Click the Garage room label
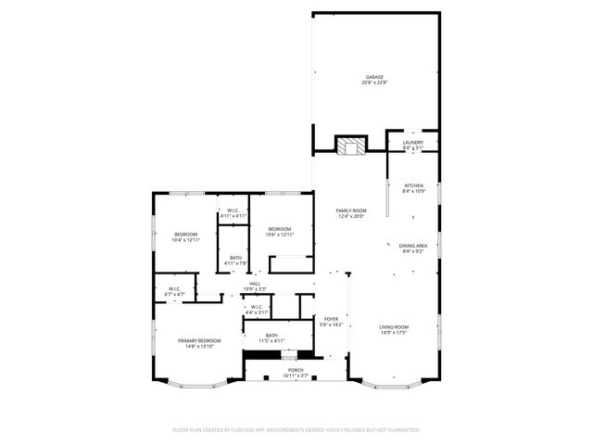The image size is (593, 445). [374, 77]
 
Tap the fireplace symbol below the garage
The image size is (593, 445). [350, 146]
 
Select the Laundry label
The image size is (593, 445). [413, 143]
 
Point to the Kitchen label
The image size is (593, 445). [413, 185]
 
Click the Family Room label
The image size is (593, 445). [350, 210]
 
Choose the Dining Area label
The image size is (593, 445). [413, 246]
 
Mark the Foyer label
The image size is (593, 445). [331, 319]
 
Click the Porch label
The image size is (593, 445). [296, 370]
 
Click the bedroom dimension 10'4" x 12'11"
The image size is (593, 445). [186, 240]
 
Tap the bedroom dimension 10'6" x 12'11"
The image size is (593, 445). [280, 235]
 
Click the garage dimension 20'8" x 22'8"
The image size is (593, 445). [374, 83]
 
